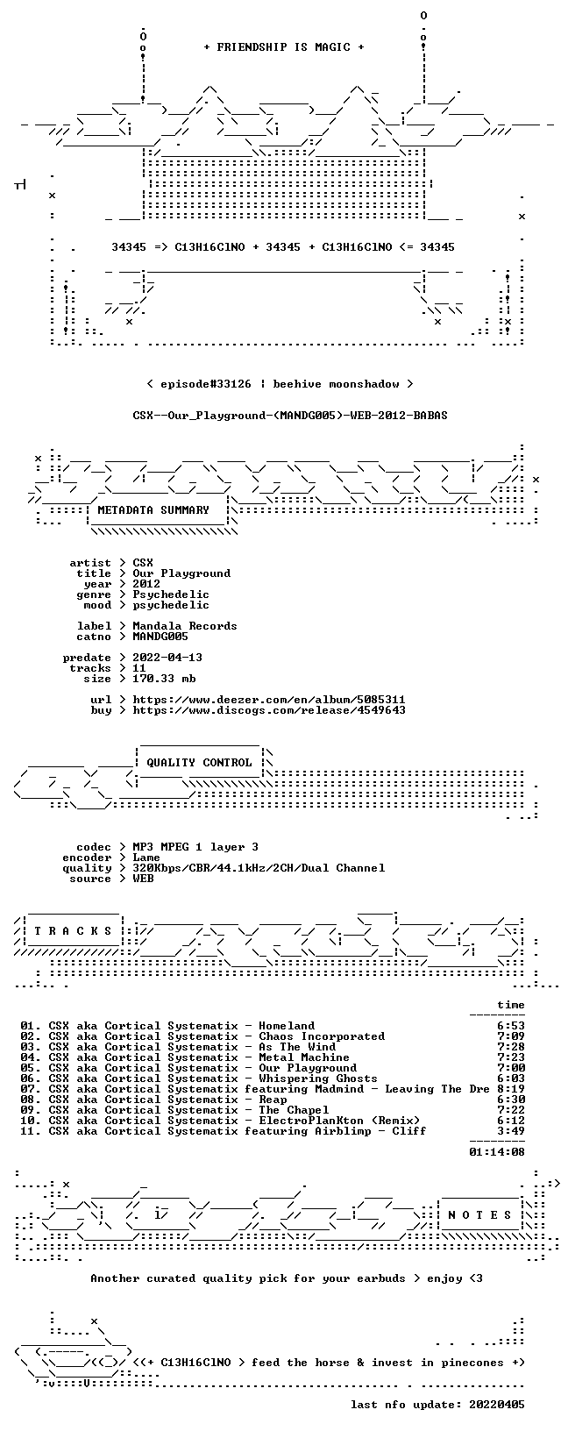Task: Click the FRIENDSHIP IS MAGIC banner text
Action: [x=284, y=47]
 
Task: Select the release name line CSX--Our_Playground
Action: [x=290, y=416]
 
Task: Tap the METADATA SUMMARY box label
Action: [x=153, y=510]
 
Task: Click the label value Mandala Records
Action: [x=185, y=626]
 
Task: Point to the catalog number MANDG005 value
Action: [x=160, y=637]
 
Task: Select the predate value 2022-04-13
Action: [x=167, y=658]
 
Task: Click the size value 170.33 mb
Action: [x=164, y=679]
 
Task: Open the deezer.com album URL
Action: [x=269, y=700]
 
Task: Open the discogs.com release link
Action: [x=269, y=709]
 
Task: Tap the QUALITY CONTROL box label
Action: [x=199, y=763]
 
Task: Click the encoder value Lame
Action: [x=146, y=858]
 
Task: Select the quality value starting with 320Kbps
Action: [x=259, y=868]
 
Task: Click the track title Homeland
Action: [x=287, y=1026]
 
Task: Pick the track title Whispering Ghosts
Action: [x=318, y=1079]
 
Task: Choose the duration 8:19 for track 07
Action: [x=511, y=1088]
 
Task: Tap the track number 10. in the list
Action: [x=31, y=1121]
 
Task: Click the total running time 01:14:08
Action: [x=497, y=1152]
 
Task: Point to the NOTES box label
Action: [x=479, y=1215]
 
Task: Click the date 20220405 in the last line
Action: [x=497, y=1404]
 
